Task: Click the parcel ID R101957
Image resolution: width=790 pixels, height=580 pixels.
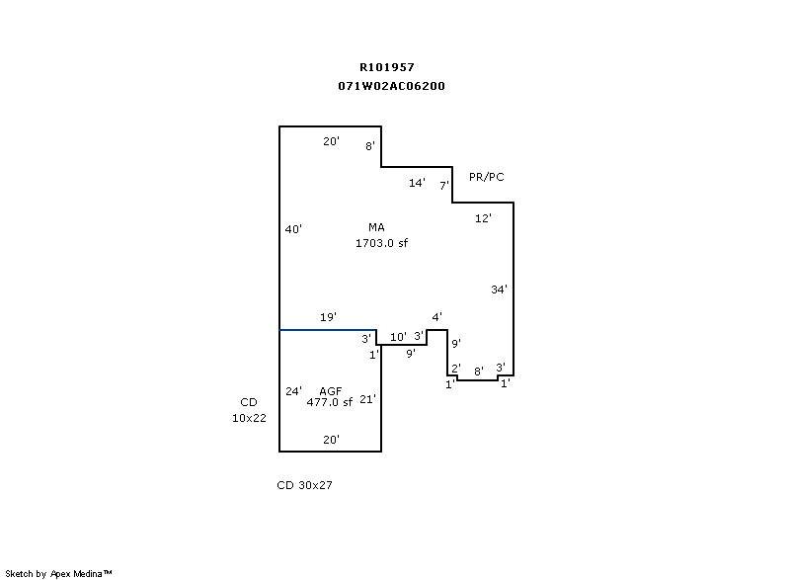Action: [x=387, y=67]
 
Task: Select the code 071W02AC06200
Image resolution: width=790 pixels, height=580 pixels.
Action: [x=391, y=86]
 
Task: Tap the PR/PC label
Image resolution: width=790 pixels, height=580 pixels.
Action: [x=487, y=177]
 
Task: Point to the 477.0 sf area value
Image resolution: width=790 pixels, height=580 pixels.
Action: [x=329, y=402]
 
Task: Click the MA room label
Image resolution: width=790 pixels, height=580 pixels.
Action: [x=376, y=227]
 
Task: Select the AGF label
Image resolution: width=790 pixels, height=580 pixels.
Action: [x=330, y=391]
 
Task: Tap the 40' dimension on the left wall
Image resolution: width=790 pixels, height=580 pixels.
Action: [x=292, y=229]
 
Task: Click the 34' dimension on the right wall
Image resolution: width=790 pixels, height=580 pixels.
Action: [x=500, y=290]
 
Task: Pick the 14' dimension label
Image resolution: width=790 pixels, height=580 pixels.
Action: [x=417, y=183]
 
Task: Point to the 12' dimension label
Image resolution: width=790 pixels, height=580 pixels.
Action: [x=483, y=218]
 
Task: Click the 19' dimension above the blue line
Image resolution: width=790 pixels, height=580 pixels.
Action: [x=328, y=317]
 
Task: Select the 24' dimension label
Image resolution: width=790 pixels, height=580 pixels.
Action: [x=293, y=391]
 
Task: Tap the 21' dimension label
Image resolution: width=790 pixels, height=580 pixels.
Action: [x=367, y=399]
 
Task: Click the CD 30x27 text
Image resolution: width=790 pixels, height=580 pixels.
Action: [x=304, y=485]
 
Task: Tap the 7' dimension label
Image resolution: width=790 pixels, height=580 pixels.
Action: [x=444, y=185]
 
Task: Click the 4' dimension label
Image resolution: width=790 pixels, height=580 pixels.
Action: [x=436, y=317]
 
